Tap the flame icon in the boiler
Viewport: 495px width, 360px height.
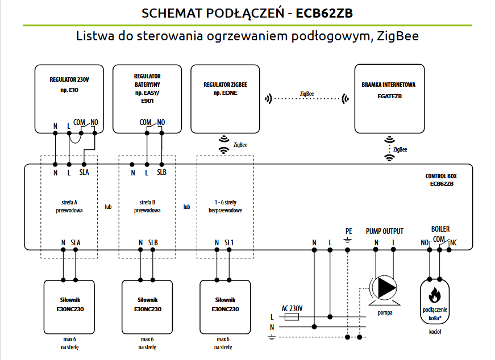(435, 296)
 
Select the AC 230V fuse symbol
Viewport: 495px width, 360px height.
(292, 317)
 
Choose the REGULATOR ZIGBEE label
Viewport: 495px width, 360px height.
(225, 88)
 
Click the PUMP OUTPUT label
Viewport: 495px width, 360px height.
(385, 231)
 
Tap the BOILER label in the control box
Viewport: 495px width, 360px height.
(440, 229)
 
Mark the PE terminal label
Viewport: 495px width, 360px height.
(349, 231)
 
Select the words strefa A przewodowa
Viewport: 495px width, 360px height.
(69, 206)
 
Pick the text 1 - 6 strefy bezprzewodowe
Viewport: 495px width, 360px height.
(225, 206)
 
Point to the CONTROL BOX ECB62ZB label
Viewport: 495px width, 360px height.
(441, 180)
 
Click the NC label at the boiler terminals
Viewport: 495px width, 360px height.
(454, 242)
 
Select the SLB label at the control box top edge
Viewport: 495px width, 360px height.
(161, 173)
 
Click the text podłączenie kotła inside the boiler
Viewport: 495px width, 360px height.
(435, 313)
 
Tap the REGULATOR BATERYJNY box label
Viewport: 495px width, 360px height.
(147, 88)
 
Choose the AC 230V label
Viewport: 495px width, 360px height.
(292, 308)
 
